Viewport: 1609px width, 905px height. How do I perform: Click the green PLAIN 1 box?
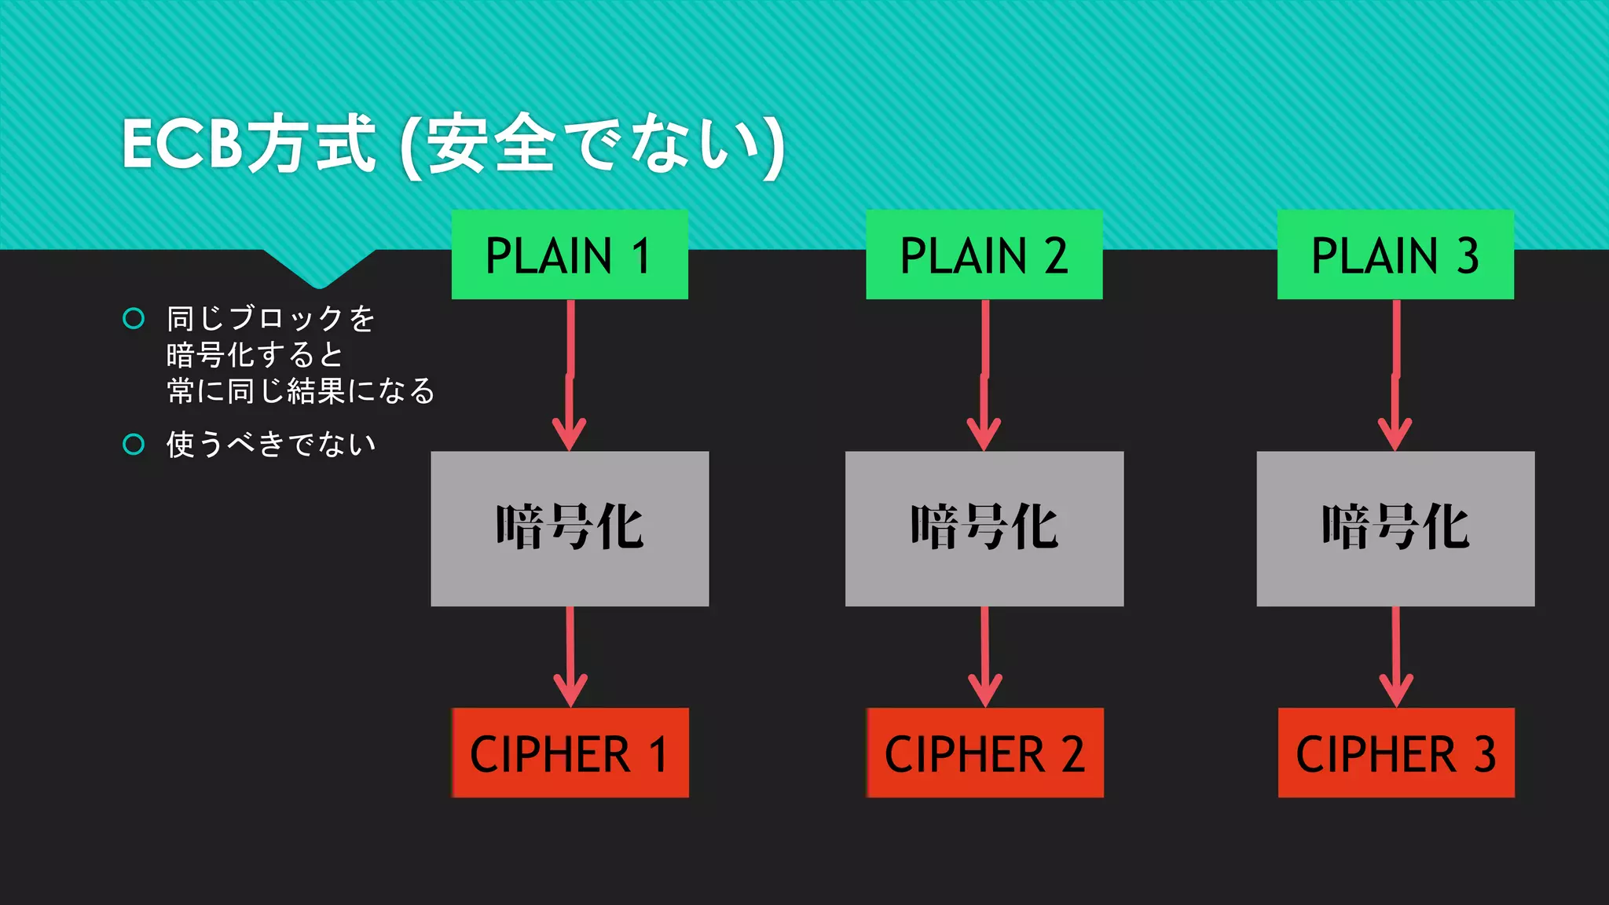(x=570, y=255)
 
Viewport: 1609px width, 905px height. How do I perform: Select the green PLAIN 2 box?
(x=984, y=255)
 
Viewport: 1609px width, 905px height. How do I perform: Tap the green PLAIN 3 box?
(x=1395, y=255)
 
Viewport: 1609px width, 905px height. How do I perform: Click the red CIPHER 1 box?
(x=570, y=753)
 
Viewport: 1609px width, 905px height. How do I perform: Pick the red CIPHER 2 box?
(x=984, y=753)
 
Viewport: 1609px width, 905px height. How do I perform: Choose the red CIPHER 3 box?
(x=1396, y=753)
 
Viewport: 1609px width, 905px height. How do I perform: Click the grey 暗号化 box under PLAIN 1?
(x=570, y=528)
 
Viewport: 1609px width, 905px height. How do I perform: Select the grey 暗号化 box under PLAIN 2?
(x=984, y=528)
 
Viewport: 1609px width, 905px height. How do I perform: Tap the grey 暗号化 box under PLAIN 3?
(x=1395, y=528)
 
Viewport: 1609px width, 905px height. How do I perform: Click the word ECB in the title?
(x=182, y=145)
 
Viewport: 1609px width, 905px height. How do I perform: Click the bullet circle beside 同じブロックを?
(x=134, y=318)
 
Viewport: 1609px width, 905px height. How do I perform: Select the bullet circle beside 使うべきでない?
(x=134, y=445)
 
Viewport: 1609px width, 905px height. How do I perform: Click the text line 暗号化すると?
(x=255, y=355)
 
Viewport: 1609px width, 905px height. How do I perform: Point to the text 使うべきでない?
(x=271, y=445)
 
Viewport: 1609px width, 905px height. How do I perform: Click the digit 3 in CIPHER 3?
(x=1483, y=754)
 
